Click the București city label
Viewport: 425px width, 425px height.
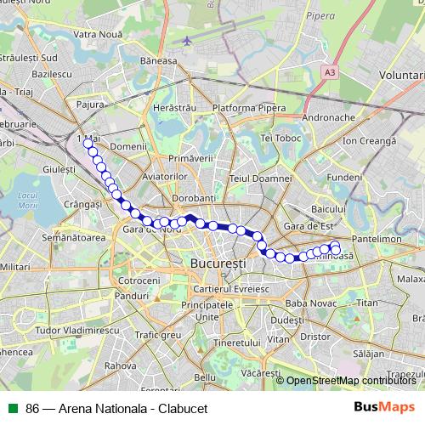[218, 263]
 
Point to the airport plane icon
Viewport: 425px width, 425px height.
[187, 40]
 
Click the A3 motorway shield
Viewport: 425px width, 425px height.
[330, 72]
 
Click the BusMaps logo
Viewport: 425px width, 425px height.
[384, 407]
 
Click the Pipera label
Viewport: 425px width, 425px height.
[320, 15]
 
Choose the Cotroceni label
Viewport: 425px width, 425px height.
[133, 280]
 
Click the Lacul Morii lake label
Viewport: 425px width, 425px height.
[28, 200]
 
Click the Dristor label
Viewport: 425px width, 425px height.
[314, 336]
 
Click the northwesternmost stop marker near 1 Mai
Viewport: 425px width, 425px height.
[87, 144]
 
